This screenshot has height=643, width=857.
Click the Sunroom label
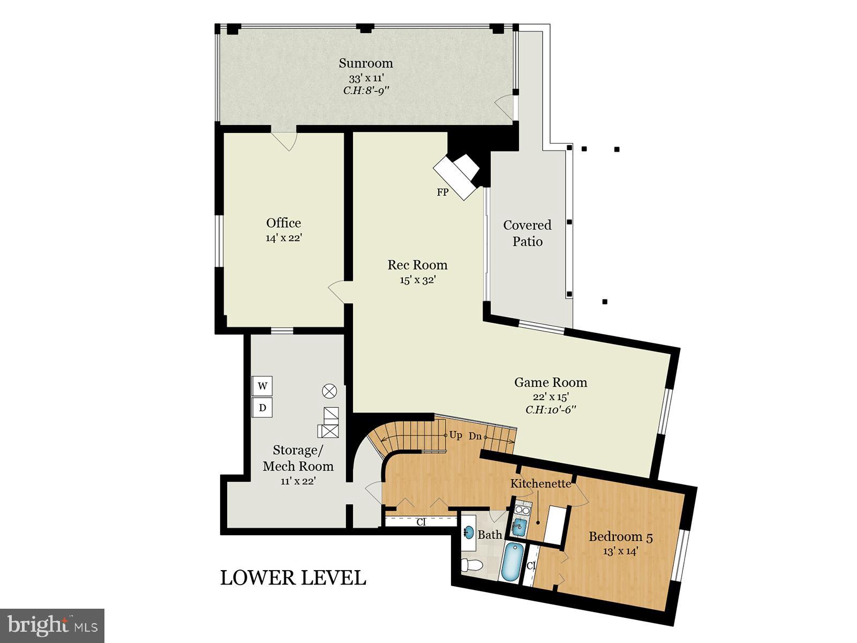(x=366, y=63)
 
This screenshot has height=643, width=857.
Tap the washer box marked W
(x=262, y=386)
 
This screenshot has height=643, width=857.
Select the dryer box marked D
(x=262, y=408)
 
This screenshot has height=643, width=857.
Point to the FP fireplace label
(x=442, y=192)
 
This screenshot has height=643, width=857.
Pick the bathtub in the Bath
(x=512, y=561)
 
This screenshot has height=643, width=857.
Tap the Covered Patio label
(x=528, y=233)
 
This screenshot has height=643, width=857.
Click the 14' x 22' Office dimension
(x=284, y=238)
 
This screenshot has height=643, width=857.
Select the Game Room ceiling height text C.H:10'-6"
(x=551, y=410)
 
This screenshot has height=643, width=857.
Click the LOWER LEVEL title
(x=293, y=578)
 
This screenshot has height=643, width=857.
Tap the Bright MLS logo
(x=52, y=624)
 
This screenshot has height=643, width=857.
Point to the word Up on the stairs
(x=456, y=435)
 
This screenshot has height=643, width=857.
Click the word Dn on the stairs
(x=475, y=436)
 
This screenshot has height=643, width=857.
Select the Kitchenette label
(x=540, y=484)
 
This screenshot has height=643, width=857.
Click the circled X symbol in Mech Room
(x=329, y=391)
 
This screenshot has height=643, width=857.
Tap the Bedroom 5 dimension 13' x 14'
(x=620, y=551)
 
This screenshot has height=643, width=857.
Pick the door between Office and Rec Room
(x=337, y=292)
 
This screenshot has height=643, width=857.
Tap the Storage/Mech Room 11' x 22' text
(x=298, y=481)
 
